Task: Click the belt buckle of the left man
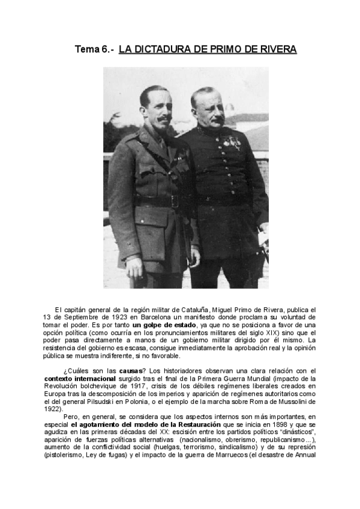(175, 202)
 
